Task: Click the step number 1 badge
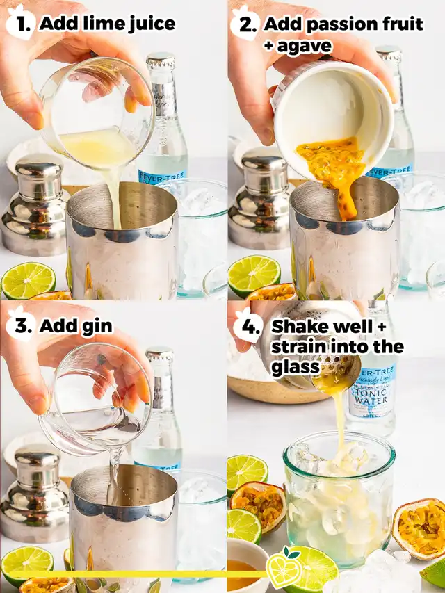[x=21, y=23]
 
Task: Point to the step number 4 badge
[x=248, y=325]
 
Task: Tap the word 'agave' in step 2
[x=303, y=47]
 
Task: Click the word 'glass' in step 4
[x=295, y=368]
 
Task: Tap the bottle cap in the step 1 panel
[x=161, y=60]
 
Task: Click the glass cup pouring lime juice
[x=97, y=113]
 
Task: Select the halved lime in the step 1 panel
[x=28, y=280]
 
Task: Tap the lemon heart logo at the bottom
[x=284, y=567]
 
